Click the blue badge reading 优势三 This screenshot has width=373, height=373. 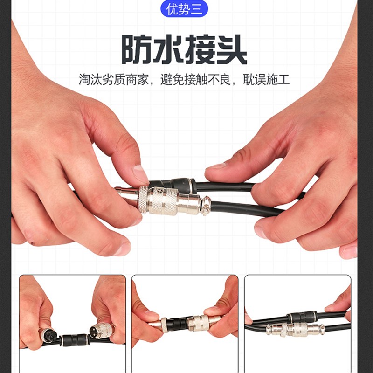(184, 8)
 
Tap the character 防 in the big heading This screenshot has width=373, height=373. (137, 48)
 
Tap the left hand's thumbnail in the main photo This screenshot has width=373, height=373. (140, 174)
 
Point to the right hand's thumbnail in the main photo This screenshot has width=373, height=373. (216, 166)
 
